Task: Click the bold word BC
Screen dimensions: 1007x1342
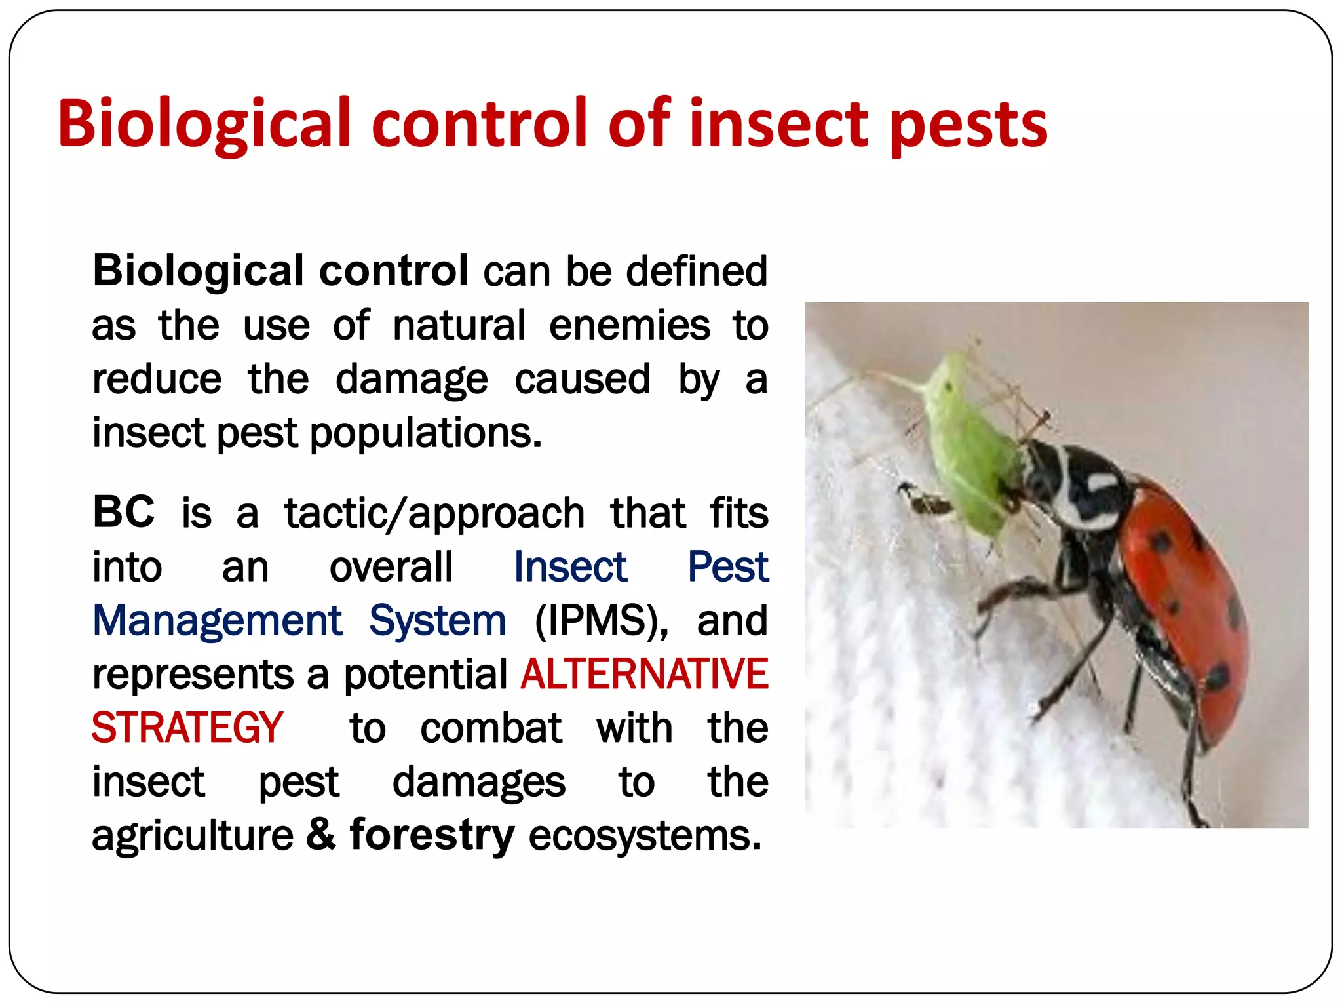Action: point(124,512)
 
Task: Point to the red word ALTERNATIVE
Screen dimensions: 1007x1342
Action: point(644,674)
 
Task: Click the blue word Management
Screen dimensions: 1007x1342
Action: point(217,620)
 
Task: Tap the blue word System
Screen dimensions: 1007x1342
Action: point(437,620)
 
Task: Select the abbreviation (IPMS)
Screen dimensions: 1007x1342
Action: point(601,620)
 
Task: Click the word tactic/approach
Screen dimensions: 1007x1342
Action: point(434,513)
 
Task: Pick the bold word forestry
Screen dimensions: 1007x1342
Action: point(432,835)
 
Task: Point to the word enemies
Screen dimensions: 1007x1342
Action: point(629,325)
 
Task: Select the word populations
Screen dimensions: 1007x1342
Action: point(425,433)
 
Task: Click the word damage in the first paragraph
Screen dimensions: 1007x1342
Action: point(412,380)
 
